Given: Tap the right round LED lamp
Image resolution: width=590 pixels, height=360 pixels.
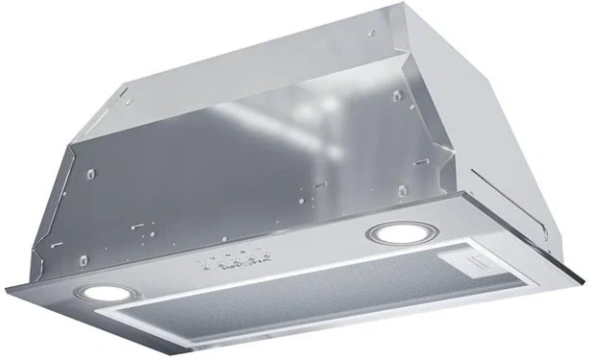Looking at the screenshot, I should (394, 234).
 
